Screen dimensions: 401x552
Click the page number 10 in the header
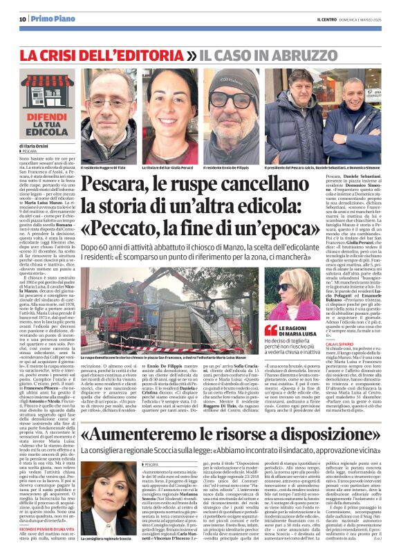[22, 19]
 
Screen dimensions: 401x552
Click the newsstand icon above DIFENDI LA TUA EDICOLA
[46, 86]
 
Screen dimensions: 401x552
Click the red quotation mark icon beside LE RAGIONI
[270, 329]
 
